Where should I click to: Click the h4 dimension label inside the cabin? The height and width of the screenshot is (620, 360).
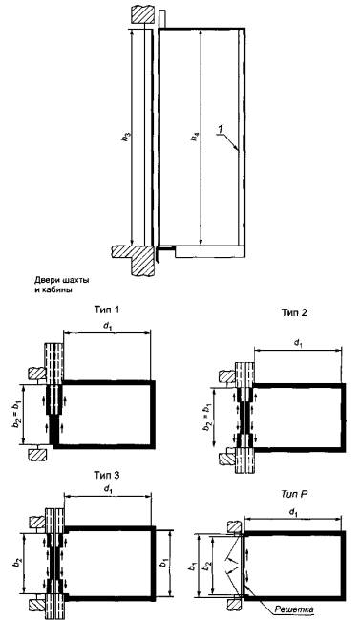pos(196,138)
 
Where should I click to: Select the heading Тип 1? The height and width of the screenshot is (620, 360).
pos(107,309)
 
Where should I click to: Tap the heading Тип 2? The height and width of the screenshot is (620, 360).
pos(294,312)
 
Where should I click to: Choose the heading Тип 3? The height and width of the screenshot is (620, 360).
pos(107,475)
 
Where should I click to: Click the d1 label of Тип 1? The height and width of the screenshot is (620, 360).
pos(107,327)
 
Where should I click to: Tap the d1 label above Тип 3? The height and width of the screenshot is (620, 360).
pos(107,489)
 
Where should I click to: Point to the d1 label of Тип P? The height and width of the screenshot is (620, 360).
pos(293,513)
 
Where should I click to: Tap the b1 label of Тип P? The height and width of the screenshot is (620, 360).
pos(191,567)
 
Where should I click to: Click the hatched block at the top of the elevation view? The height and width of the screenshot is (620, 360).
pos(141,16)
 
